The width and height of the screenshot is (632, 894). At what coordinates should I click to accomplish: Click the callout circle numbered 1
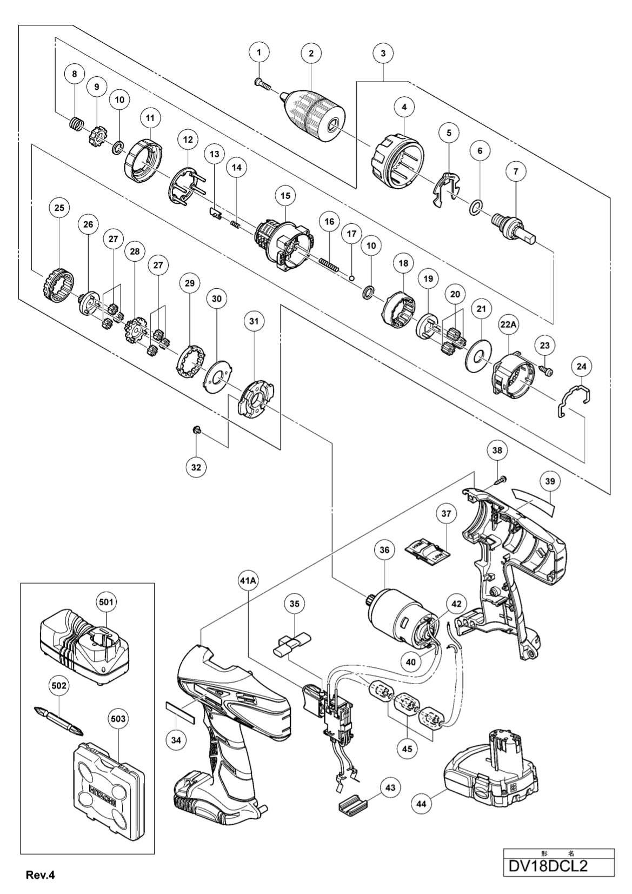(260, 52)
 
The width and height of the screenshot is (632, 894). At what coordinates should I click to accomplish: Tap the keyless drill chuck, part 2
(313, 109)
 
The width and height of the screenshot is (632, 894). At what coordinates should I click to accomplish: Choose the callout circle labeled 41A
(248, 580)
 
